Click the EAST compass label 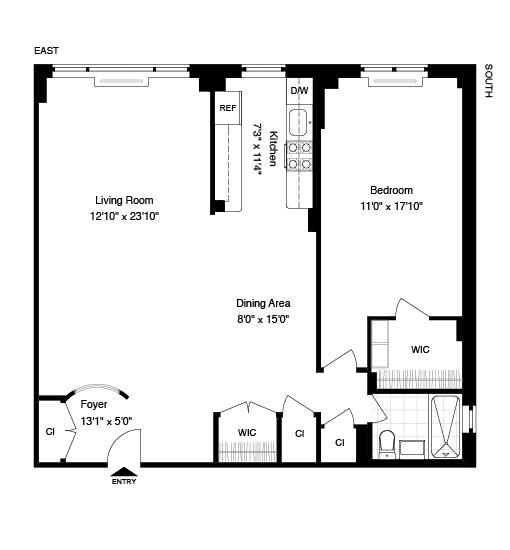[46, 51]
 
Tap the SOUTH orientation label [488, 81]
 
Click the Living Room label [124, 200]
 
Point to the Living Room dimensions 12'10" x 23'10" [125, 216]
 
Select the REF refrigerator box [228, 108]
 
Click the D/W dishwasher [299, 91]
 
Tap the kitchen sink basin [297, 122]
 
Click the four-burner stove [300, 156]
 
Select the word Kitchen [273, 148]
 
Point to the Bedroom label [391, 190]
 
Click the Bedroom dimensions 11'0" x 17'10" [391, 206]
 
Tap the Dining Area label [263, 303]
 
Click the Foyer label [94, 404]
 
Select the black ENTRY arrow [124, 472]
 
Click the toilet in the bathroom [387, 444]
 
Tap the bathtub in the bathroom [445, 427]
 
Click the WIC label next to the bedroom [420, 350]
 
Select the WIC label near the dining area [247, 433]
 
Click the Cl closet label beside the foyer [50, 432]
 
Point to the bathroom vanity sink [412, 449]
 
